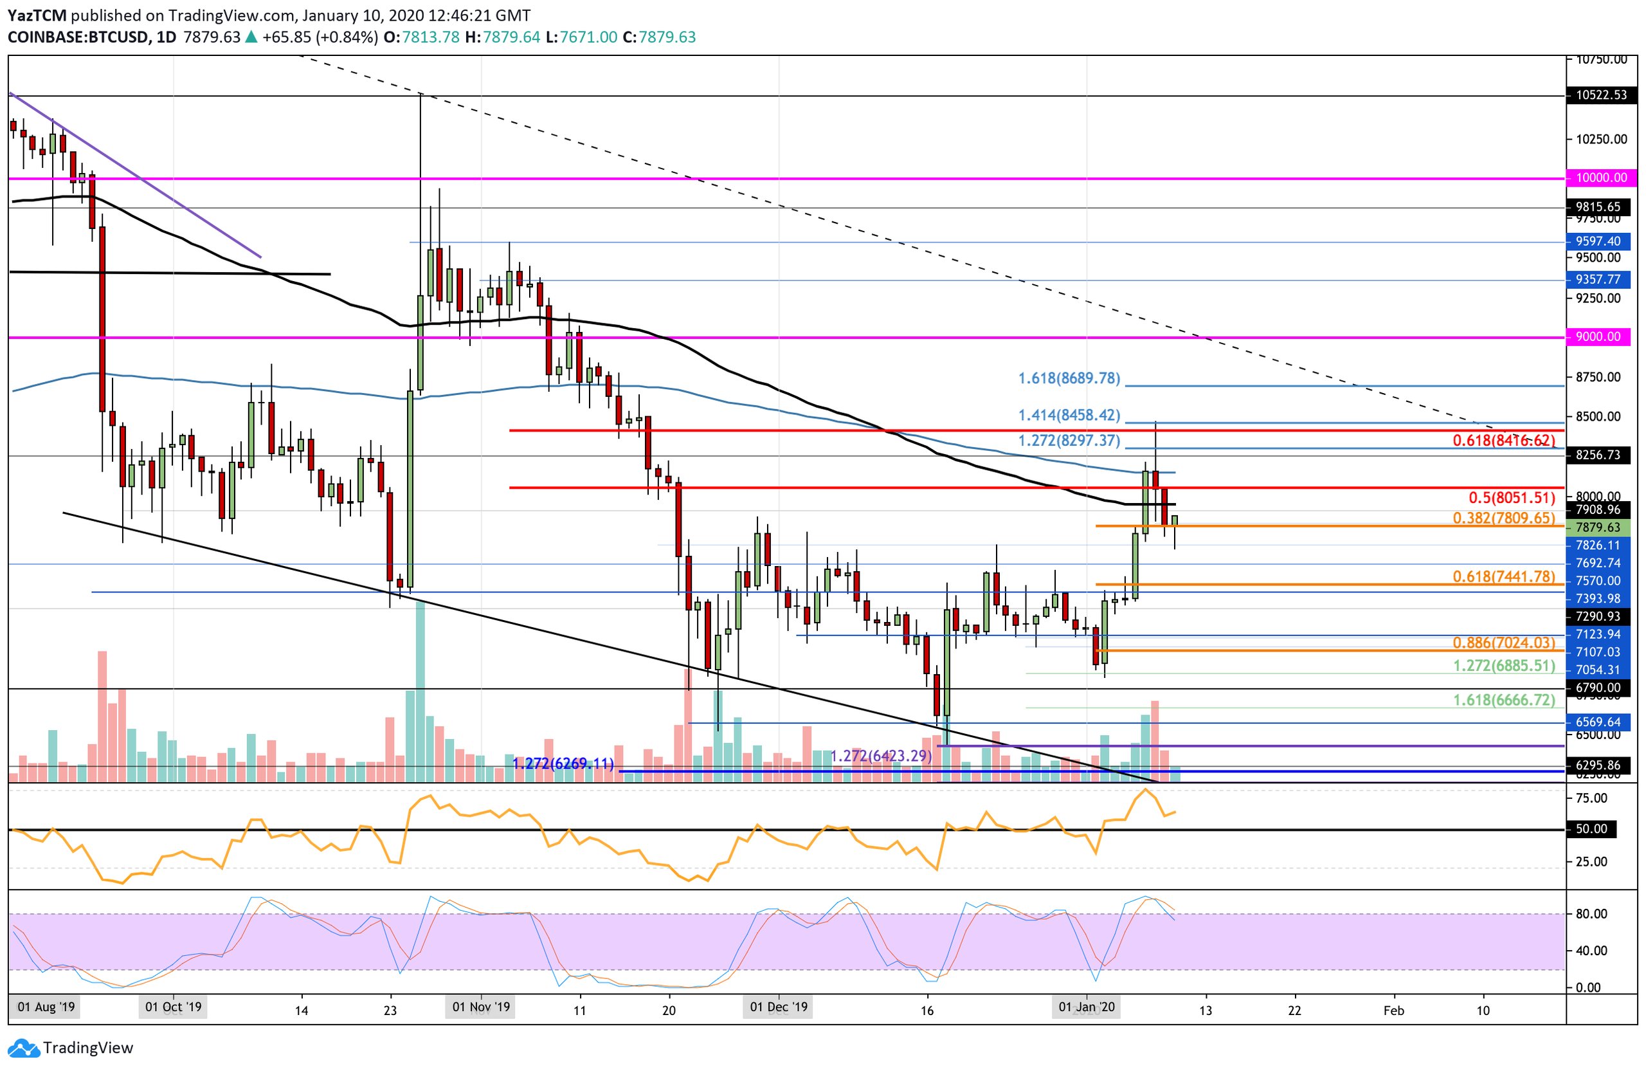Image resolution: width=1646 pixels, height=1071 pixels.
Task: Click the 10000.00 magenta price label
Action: pos(1601,178)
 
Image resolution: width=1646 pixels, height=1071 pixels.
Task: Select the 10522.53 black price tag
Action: pos(1601,95)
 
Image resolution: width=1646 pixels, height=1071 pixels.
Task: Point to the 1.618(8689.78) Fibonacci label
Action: pos(1069,379)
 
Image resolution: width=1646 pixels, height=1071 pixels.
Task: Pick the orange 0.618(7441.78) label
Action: pos(1503,577)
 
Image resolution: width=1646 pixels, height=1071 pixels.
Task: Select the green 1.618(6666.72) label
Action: pos(1503,700)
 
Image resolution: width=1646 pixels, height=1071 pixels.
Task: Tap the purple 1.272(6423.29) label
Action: pos(880,756)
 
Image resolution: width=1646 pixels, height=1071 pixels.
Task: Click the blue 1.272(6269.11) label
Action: pos(563,764)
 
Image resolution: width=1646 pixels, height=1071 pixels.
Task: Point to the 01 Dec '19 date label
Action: pos(778,1007)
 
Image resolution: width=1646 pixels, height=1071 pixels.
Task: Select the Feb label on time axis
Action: pos(1393,1011)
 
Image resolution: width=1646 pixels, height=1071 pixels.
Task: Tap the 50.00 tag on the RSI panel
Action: pos(1591,829)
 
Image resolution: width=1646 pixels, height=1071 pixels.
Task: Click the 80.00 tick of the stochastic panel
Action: pos(1591,914)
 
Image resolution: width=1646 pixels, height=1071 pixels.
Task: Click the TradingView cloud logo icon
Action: pos(24,1049)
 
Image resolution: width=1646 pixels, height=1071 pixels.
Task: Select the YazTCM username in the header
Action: pos(37,15)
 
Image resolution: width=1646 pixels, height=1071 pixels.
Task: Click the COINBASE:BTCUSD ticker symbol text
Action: pos(77,37)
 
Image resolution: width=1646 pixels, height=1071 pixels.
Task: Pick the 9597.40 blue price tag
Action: pos(1598,241)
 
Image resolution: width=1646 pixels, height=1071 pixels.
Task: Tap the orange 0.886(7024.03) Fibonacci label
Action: pos(1503,643)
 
